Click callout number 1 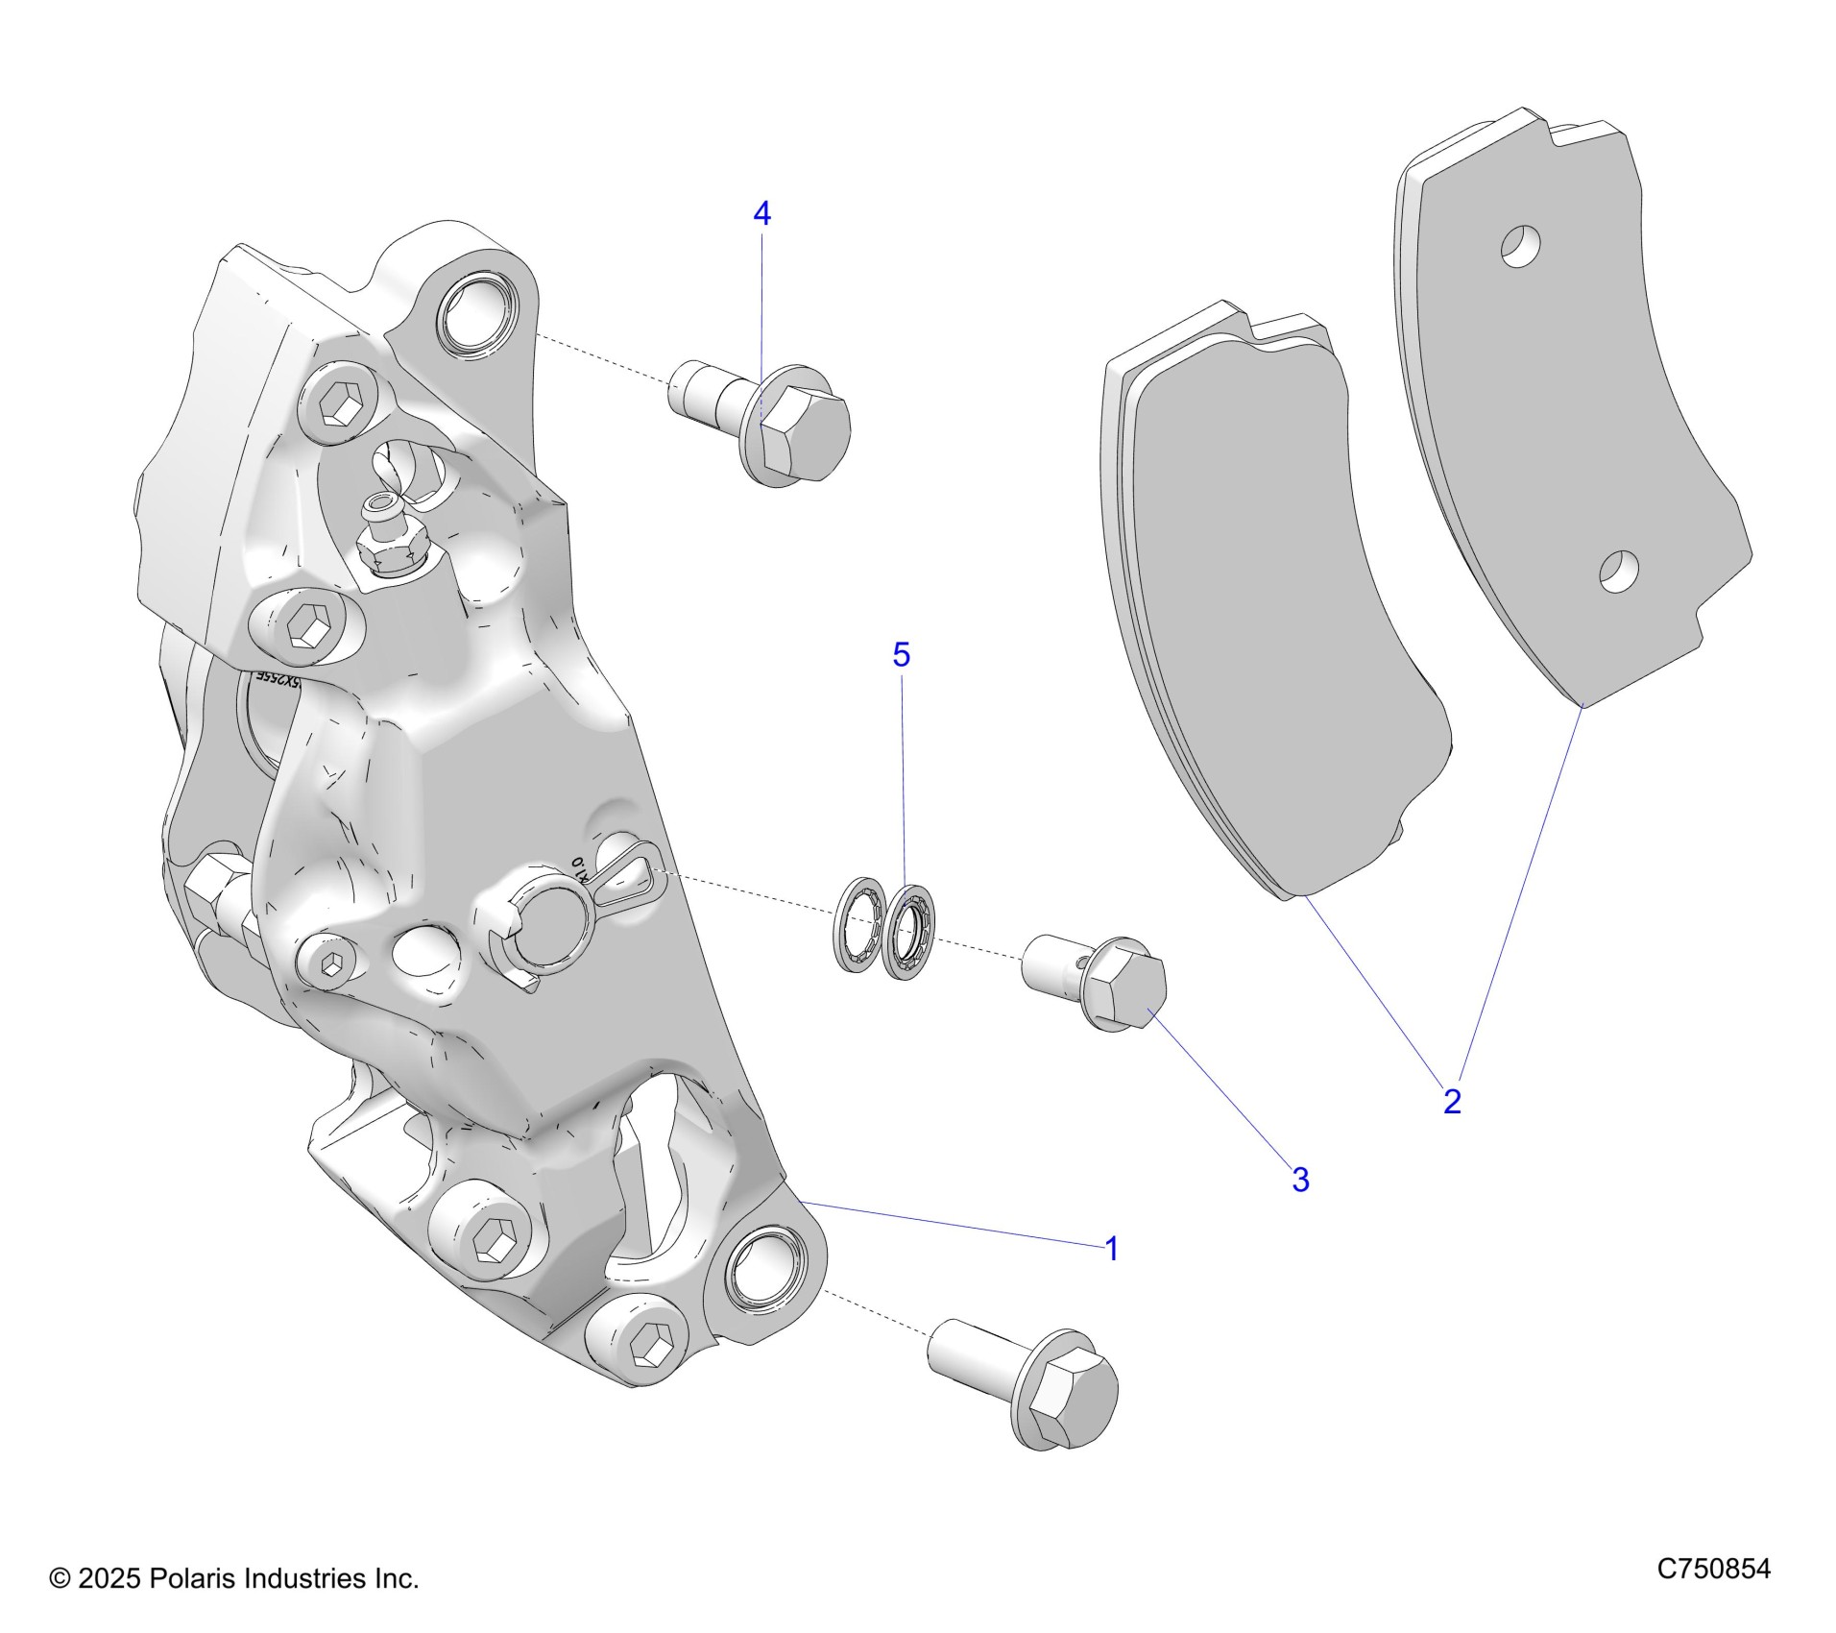click(x=1111, y=1250)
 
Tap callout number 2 click(x=1452, y=1101)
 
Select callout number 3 click(x=1300, y=1180)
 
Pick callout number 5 click(x=901, y=655)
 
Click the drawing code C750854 click(x=1713, y=1570)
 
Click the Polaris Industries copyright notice click(x=234, y=1578)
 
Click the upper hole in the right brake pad click(x=1521, y=247)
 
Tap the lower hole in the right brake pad click(x=1618, y=572)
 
